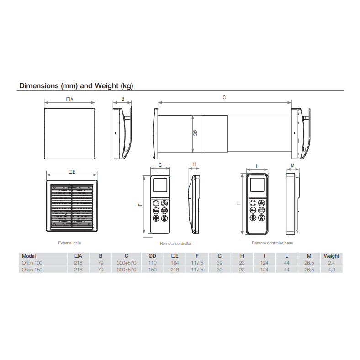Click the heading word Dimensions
(x=39, y=85)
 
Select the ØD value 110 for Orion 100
(x=153, y=263)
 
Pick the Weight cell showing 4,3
(x=331, y=270)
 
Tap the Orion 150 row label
(x=32, y=270)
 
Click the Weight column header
(x=331, y=256)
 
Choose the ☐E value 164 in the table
(x=175, y=263)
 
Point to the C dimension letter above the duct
(x=224, y=98)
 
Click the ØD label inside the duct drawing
(x=196, y=133)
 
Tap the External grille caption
(x=69, y=243)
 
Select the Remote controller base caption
(x=272, y=243)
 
